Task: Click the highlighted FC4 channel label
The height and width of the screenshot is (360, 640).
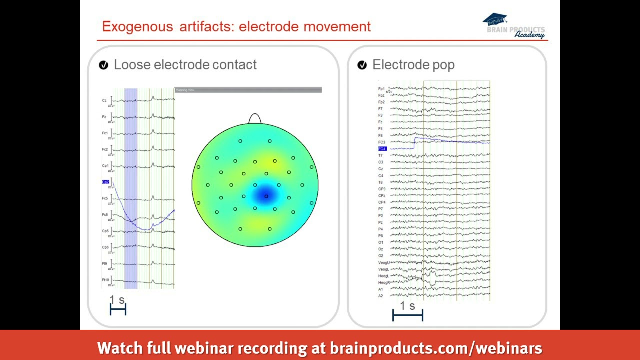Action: coord(382,149)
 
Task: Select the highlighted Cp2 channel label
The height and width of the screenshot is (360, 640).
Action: coord(105,182)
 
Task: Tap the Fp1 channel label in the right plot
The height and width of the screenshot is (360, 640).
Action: coord(381,89)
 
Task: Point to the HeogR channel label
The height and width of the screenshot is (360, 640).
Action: coord(383,283)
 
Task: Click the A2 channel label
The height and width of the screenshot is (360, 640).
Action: coord(380,296)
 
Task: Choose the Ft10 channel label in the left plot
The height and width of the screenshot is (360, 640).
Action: coord(105,280)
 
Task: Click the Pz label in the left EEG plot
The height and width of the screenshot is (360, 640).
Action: coord(104,117)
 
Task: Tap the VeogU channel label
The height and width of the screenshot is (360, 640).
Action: coord(384,262)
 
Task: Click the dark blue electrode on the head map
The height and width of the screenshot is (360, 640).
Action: coord(266,196)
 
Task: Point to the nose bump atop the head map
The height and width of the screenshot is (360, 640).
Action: coord(255,119)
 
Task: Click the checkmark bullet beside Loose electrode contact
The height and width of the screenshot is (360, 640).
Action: coord(104,65)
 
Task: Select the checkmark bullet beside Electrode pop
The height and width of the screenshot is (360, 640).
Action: coord(362,65)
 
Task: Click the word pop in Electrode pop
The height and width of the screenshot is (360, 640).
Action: coord(443,65)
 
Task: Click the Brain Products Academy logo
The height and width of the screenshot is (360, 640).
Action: coord(514,26)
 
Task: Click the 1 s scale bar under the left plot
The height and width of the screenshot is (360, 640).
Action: coord(118,310)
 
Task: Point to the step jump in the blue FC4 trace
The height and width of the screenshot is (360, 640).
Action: coord(414,143)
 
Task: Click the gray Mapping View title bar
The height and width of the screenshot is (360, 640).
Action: coord(248,90)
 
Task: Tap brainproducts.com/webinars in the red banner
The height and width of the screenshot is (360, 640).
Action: coord(436,348)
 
